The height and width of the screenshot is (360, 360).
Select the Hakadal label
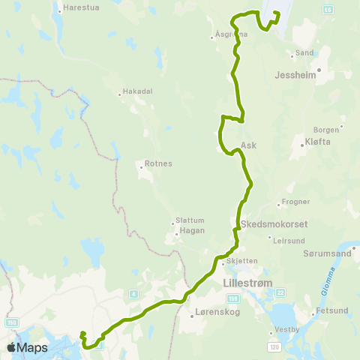(x=139, y=91)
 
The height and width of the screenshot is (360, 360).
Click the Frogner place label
(x=292, y=202)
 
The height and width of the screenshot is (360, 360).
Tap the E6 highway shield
(x=328, y=10)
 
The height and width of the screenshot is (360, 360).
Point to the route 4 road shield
(x=133, y=293)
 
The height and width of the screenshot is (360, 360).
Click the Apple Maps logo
(x=28, y=347)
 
